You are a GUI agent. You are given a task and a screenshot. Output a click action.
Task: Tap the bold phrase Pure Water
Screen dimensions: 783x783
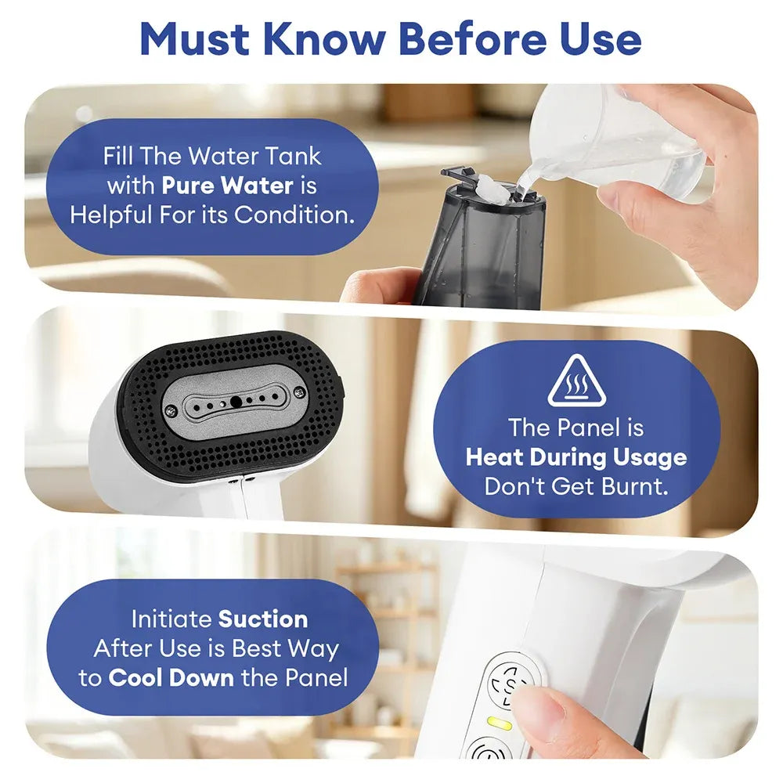(228, 186)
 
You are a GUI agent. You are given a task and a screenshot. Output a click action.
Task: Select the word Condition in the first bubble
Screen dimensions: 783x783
(294, 215)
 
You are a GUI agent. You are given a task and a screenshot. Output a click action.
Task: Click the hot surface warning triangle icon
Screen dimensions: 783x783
(577, 381)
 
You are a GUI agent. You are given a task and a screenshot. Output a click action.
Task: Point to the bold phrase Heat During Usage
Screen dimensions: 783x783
(576, 457)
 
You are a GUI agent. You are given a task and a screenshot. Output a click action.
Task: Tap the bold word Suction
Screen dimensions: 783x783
(263, 619)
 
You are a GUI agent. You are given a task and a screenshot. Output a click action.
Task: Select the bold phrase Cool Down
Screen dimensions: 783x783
(171, 677)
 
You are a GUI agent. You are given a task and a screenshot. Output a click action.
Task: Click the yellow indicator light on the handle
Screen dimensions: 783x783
(500, 723)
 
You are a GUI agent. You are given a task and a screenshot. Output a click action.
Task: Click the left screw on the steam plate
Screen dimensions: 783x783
(170, 410)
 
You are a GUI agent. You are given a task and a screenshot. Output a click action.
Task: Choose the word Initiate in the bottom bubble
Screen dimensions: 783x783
(171, 619)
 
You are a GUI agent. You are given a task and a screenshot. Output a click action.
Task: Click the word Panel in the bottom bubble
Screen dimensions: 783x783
(316, 677)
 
